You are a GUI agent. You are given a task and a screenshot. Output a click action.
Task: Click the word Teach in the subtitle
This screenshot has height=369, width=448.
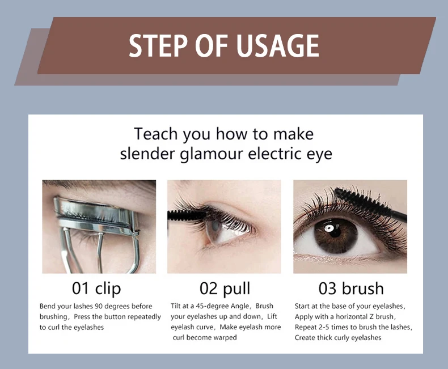[x=156, y=134]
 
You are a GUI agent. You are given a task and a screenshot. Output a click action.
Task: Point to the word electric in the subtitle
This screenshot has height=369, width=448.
[x=276, y=154]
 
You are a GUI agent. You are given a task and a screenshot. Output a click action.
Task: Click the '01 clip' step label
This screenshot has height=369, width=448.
[x=96, y=288]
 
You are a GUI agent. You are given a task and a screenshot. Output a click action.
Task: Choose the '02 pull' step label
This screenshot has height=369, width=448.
[x=225, y=288]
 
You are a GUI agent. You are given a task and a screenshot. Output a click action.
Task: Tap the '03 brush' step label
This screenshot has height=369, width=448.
[x=351, y=288]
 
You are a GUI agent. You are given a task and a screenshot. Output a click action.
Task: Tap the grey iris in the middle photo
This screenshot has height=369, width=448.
[x=215, y=230]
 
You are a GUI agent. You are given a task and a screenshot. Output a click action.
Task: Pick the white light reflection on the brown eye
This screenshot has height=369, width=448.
[x=329, y=228]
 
